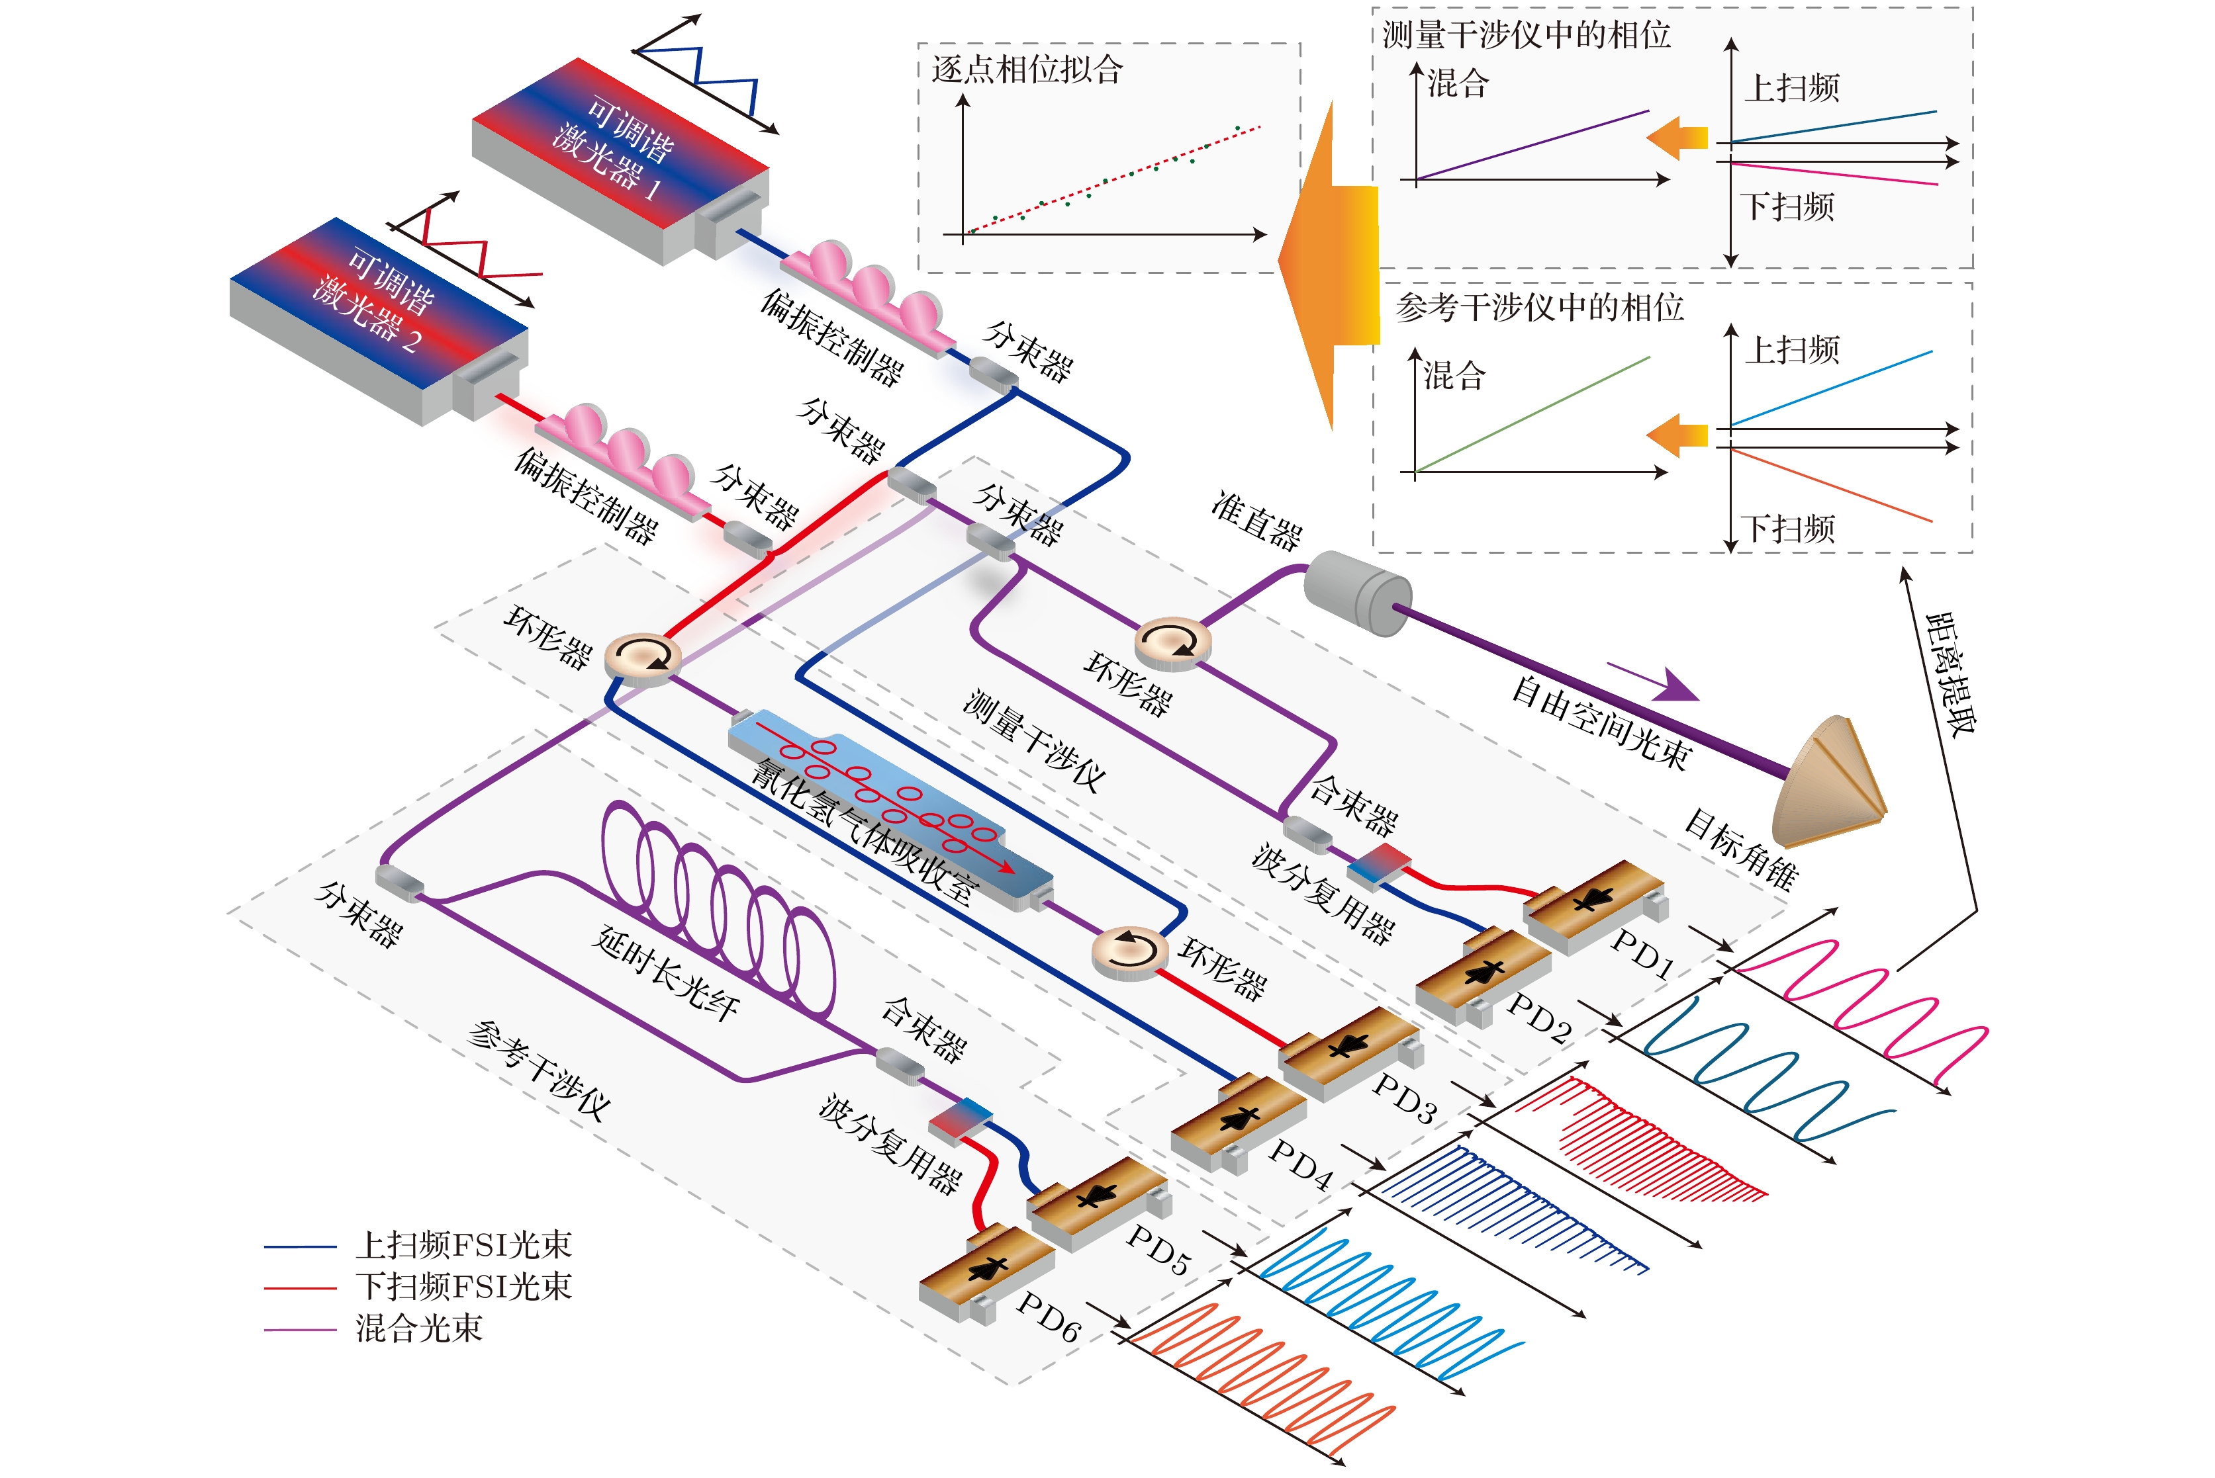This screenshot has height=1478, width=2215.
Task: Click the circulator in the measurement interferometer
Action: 1171,643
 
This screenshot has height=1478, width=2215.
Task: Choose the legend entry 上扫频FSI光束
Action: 463,1245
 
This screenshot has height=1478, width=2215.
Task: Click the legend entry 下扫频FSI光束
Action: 463,1287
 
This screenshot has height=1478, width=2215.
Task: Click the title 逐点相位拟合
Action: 1027,69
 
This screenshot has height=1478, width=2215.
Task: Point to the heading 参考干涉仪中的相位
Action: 1540,307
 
